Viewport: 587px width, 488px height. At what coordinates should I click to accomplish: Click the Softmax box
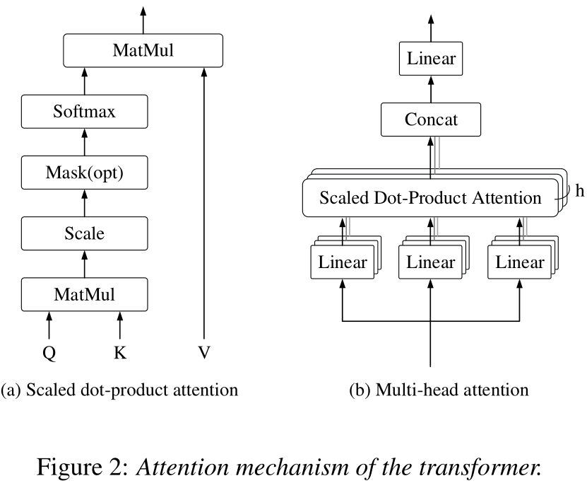tap(84, 111)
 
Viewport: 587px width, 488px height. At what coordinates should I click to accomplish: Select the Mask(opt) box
tap(84, 172)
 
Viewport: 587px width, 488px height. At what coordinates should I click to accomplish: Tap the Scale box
tap(84, 233)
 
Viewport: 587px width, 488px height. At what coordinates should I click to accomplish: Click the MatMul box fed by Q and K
tap(84, 293)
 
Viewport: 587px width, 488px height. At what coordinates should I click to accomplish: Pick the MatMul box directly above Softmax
tap(143, 50)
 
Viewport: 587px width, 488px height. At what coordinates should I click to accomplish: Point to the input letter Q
tap(49, 353)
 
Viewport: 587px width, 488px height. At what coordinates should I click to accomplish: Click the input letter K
tap(119, 353)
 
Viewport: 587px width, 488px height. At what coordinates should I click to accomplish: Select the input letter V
tap(203, 353)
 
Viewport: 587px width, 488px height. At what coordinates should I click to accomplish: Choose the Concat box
tap(431, 120)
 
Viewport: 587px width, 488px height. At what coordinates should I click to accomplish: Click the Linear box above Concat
tap(431, 59)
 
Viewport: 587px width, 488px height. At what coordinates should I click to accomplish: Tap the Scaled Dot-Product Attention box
tap(431, 198)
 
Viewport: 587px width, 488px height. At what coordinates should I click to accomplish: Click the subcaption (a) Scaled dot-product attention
tap(119, 390)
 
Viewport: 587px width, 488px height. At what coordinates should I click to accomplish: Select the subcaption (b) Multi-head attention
tap(439, 390)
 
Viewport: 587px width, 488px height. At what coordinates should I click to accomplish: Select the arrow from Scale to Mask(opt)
tap(84, 202)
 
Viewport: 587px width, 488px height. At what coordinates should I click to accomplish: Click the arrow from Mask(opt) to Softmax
tap(84, 141)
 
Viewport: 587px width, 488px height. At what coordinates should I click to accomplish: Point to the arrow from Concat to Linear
tap(431, 89)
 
